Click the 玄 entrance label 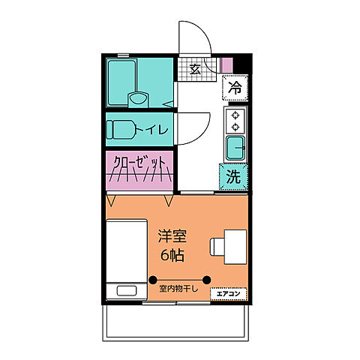point(194,70)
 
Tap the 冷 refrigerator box point(235,88)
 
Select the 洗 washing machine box point(233,178)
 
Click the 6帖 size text point(172,255)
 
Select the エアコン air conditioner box point(229,293)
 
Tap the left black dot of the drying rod point(153,279)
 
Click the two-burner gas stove point(235,120)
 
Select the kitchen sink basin point(235,147)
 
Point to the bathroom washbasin point(137,97)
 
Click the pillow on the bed point(124,292)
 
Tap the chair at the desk point(217,247)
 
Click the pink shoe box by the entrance point(226,64)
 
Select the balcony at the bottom point(177,322)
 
